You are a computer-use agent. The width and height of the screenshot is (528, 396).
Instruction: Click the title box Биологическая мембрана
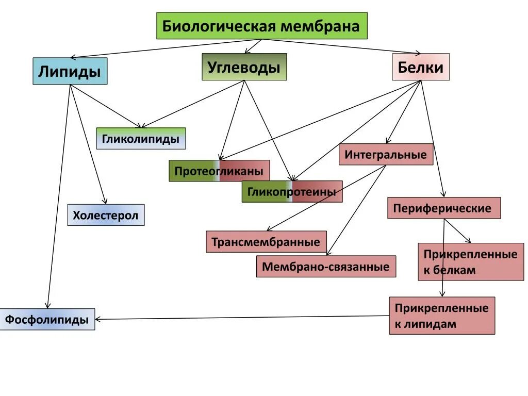coord(262,26)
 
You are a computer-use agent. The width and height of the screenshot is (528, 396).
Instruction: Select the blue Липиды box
coord(70,71)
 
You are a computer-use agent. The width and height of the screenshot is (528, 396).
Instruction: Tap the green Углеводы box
coord(244,67)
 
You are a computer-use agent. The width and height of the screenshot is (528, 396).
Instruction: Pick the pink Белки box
coord(421,67)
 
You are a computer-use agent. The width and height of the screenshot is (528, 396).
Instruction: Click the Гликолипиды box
coord(141,139)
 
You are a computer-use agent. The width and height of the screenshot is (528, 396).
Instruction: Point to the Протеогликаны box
coord(219,171)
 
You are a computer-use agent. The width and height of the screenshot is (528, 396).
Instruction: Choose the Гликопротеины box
coord(292,192)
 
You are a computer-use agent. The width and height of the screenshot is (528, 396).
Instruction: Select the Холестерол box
coord(106,215)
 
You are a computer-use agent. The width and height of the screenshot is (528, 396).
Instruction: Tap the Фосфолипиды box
coord(47,320)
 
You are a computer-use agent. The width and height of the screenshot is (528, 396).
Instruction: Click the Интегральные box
coord(386,155)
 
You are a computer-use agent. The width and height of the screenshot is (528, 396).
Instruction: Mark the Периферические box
coord(443,208)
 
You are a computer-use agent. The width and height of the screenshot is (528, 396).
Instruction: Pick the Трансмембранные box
coord(266,242)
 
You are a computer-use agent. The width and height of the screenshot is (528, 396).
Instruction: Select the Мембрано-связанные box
coord(326,267)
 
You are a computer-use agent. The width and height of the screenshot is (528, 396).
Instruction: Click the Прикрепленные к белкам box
coord(470,262)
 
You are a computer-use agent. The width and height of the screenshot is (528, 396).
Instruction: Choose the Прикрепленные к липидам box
coord(441,316)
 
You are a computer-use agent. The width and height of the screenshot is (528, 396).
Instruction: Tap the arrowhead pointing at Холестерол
coord(105,202)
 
